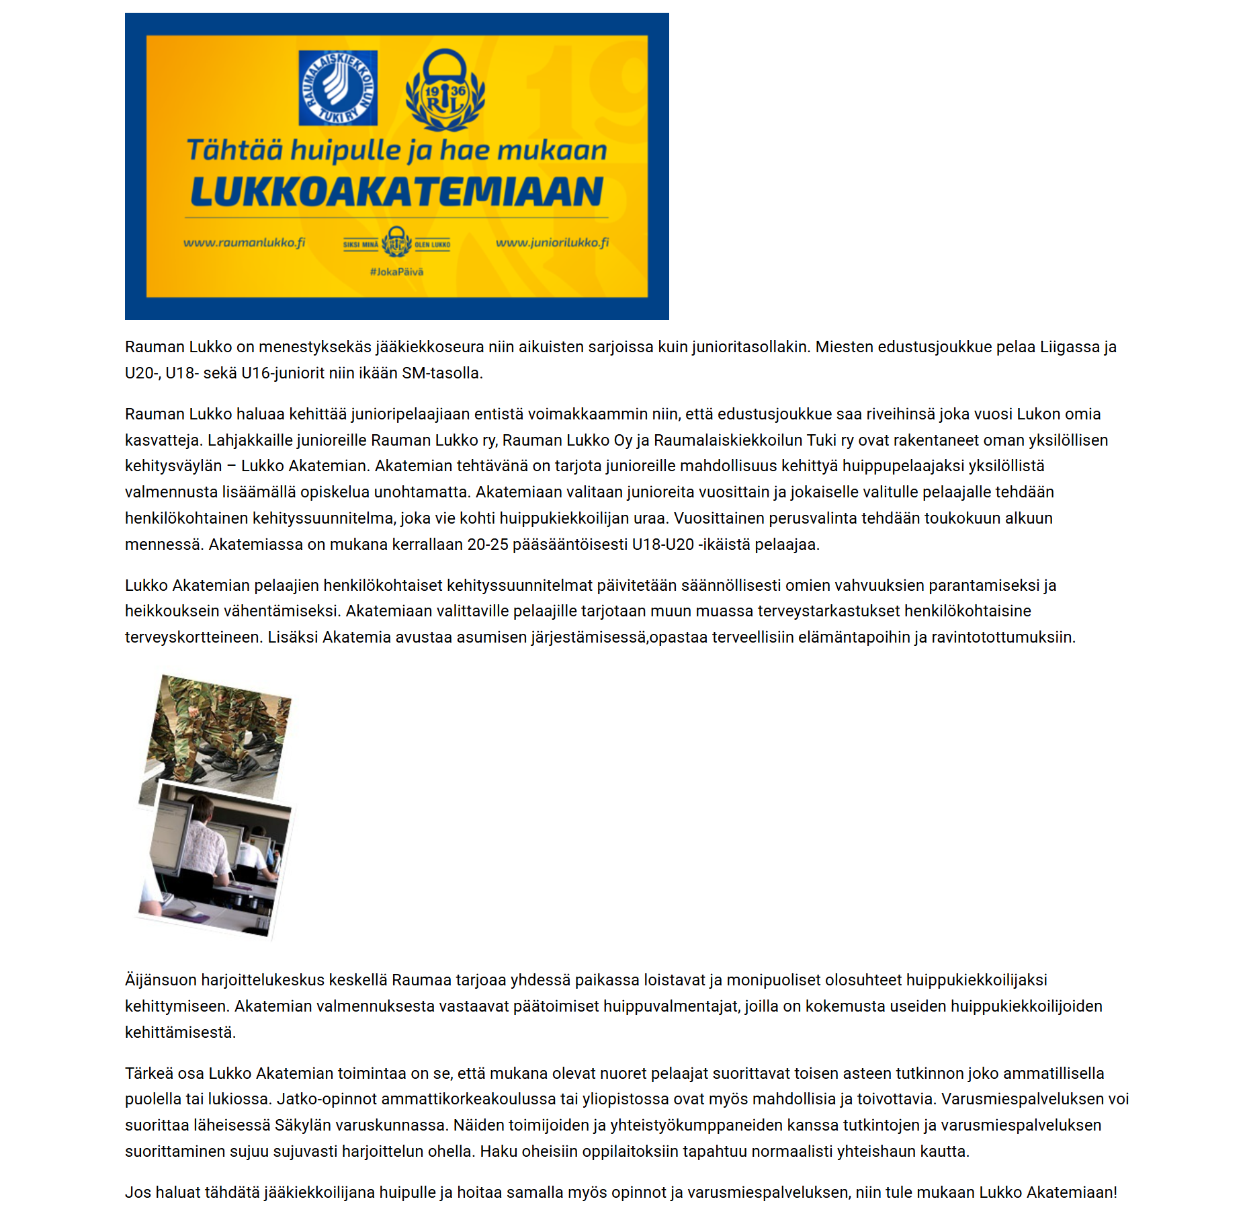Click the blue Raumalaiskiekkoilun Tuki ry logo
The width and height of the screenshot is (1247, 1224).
(x=338, y=88)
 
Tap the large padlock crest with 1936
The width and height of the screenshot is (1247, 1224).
(x=445, y=90)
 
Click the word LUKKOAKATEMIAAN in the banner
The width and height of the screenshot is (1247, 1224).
(x=396, y=192)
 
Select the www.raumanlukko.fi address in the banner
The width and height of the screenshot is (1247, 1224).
(x=244, y=243)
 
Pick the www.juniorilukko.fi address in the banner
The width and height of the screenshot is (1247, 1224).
(x=552, y=243)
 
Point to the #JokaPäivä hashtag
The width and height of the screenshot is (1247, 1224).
(x=396, y=272)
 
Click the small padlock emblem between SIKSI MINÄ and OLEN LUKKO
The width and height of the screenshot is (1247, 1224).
(x=396, y=242)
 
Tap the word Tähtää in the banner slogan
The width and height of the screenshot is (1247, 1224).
(x=234, y=151)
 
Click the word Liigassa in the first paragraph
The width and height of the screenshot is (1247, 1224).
(x=1069, y=347)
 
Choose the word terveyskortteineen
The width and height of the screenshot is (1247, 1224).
(x=193, y=637)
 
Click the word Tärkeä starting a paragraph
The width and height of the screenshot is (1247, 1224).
(x=148, y=1073)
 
